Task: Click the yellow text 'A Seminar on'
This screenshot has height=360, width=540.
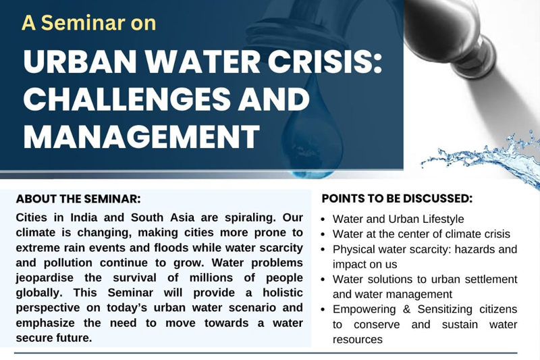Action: pos(89,23)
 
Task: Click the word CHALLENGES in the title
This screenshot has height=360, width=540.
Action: pos(127,99)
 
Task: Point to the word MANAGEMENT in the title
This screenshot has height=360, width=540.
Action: pos(141,136)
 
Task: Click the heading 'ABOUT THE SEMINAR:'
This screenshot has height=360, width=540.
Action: pos(78,199)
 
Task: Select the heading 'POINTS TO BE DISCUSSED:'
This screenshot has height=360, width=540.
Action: pos(397,199)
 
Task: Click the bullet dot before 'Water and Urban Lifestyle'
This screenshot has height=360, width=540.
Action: pos(323,220)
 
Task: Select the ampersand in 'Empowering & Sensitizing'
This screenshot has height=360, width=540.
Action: pos(406,309)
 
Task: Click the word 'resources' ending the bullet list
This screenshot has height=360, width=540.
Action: pos(358,340)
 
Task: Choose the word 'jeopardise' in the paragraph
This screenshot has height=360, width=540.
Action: pos(45,278)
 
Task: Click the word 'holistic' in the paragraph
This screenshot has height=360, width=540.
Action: pos(283,293)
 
